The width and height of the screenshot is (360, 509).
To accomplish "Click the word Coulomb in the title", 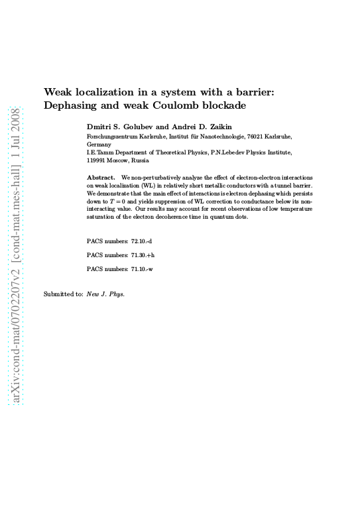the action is [184, 106].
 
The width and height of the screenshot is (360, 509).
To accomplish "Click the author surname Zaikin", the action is [213, 126].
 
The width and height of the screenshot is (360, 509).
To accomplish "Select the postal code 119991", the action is [97, 160].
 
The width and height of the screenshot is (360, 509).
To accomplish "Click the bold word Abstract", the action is [101, 178].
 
